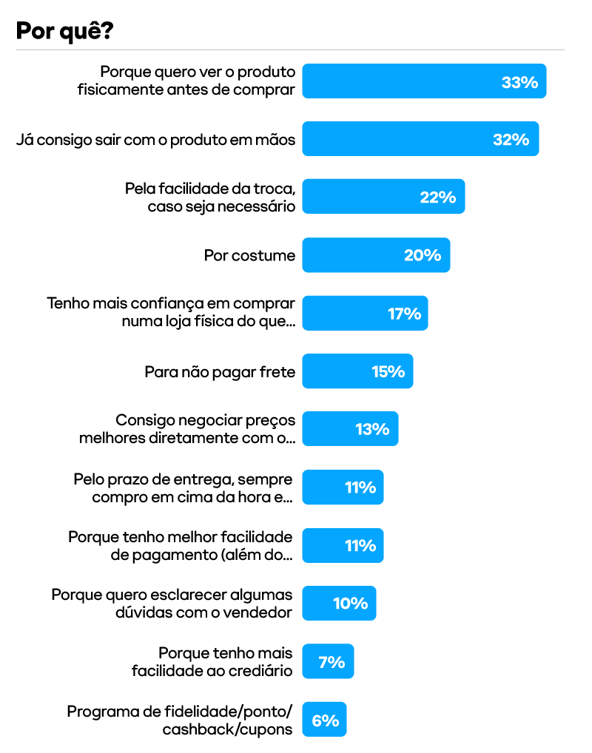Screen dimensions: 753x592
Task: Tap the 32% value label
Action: click(511, 139)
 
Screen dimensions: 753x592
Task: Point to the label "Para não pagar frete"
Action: click(220, 371)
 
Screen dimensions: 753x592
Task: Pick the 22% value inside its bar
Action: click(437, 197)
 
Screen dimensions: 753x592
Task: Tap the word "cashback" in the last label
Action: click(192, 729)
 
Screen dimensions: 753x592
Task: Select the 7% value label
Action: click(332, 662)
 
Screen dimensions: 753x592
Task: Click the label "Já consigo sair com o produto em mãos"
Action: click(155, 139)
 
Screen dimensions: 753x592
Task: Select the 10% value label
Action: click(350, 604)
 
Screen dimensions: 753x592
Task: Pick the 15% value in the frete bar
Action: click(388, 371)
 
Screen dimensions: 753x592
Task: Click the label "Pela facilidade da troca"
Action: click(209, 189)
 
